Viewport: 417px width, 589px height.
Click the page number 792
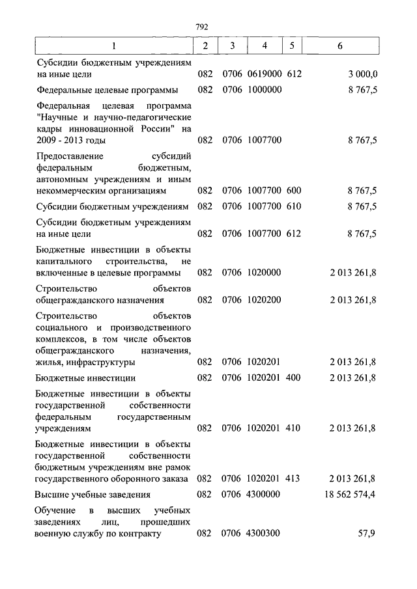(x=201, y=27)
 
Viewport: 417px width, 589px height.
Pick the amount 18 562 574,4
(x=351, y=495)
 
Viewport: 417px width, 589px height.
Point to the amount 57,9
(x=368, y=534)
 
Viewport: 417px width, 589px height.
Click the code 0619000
(x=264, y=74)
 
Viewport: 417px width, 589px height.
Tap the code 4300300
(x=264, y=534)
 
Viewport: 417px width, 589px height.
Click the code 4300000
(x=264, y=495)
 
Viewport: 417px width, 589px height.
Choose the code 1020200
(x=264, y=300)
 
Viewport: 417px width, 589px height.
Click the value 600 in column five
(x=293, y=191)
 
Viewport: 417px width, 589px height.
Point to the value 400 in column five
(x=293, y=377)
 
